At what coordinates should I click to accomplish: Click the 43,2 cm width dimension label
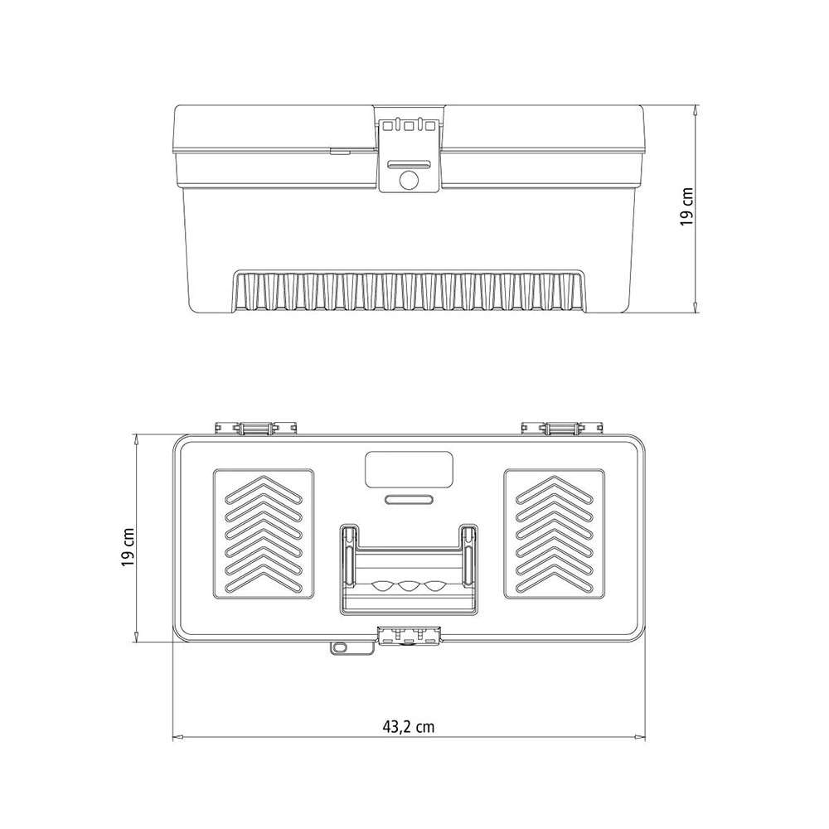tap(408, 727)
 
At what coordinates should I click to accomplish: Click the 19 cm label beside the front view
tap(686, 207)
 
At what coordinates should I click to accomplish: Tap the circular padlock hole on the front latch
tap(408, 181)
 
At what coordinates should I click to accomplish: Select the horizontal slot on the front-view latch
tap(408, 164)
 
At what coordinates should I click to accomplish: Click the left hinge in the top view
tap(256, 428)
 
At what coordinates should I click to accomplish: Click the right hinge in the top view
tap(562, 428)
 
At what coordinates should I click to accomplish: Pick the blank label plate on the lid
tap(409, 469)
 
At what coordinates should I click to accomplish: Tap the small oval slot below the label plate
tap(409, 500)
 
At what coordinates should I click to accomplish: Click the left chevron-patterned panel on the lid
tap(264, 533)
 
